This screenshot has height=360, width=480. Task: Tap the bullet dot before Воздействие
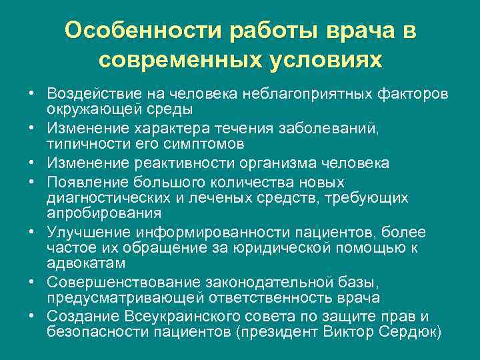32,91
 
